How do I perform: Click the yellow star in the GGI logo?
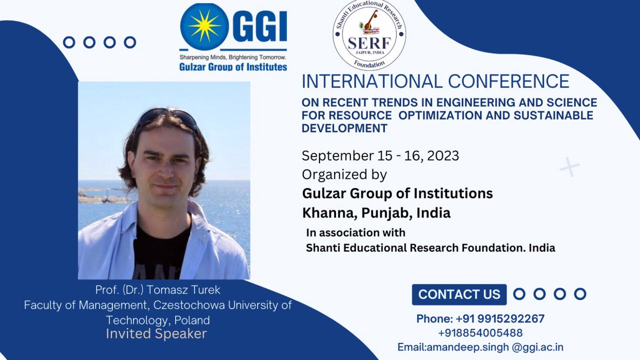click(x=204, y=26)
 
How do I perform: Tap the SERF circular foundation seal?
click(x=369, y=35)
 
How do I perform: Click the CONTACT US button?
click(x=459, y=294)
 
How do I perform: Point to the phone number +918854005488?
click(x=480, y=333)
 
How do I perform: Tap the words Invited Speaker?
click(x=156, y=333)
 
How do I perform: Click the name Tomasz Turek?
click(x=183, y=289)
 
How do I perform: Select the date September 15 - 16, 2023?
click(x=380, y=155)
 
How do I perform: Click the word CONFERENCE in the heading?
click(x=508, y=81)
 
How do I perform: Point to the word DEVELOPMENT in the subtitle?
click(x=344, y=128)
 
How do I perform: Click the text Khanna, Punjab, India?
click(x=376, y=213)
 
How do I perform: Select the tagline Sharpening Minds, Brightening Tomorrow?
click(x=233, y=57)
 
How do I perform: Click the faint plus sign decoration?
click(x=569, y=167)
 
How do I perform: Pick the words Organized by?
click(x=344, y=175)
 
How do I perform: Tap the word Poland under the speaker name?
click(x=192, y=320)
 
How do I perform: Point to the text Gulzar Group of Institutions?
click(x=397, y=193)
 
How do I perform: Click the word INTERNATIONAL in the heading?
click(x=372, y=81)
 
